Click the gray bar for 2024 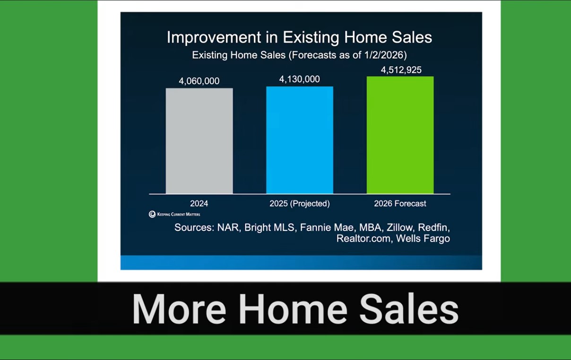[199, 141]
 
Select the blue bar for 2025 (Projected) [300, 140]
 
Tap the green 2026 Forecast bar [400, 135]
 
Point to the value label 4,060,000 [199, 81]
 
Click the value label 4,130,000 [300, 79]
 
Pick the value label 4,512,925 [401, 70]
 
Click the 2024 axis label [199, 203]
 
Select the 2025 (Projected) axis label [300, 203]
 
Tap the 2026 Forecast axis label [400, 203]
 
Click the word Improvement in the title [214, 37]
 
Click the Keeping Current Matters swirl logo [152, 214]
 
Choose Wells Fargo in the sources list [423, 239]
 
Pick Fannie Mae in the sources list [327, 228]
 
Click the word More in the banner [179, 309]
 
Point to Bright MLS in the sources [269, 228]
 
